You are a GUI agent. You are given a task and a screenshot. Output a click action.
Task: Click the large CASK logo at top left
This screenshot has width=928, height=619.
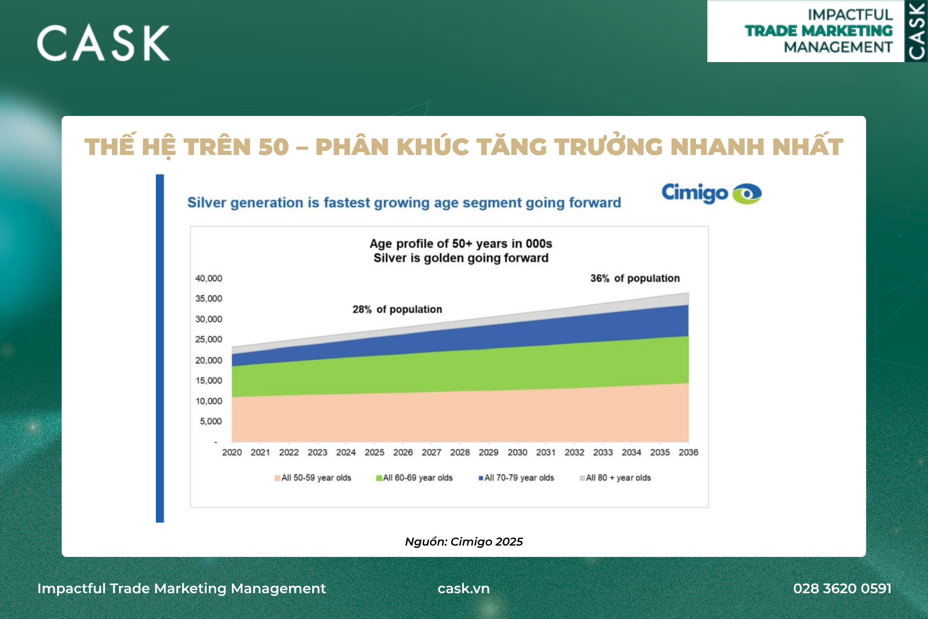103,43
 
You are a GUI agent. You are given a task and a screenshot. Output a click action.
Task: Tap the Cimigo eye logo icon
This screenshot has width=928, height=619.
747,194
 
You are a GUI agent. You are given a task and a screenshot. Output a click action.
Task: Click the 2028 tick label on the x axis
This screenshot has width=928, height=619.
460,452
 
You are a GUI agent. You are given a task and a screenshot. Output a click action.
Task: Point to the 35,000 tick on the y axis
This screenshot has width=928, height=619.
208,299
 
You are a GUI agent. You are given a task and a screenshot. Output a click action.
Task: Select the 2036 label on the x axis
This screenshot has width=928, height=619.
688,452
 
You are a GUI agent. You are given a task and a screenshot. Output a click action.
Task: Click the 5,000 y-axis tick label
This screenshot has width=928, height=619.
211,421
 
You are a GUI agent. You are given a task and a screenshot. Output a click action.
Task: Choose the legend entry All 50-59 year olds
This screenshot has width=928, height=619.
313,478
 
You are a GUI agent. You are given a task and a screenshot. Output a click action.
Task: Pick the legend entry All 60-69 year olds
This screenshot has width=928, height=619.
414,478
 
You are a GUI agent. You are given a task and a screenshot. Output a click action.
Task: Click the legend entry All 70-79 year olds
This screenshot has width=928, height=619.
516,478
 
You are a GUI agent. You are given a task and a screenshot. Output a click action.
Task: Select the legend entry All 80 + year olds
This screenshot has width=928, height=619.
615,478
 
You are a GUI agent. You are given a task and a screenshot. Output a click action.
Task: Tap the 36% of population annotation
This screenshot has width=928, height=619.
635,278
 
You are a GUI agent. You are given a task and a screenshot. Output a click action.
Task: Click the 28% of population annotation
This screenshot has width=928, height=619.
397,309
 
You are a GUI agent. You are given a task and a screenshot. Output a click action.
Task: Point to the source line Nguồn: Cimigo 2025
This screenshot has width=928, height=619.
464,542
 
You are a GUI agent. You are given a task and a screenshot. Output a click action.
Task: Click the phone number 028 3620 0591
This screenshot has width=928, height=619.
842,588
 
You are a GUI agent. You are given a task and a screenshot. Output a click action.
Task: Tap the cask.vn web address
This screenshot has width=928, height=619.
464,588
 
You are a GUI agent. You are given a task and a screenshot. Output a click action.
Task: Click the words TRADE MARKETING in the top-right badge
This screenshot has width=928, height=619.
819,31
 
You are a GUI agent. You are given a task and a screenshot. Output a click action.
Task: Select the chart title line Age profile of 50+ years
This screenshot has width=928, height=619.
461,243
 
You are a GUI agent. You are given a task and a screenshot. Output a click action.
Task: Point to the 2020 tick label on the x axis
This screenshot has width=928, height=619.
232,452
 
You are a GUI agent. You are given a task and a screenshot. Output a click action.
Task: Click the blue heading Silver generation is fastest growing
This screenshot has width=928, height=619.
404,203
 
